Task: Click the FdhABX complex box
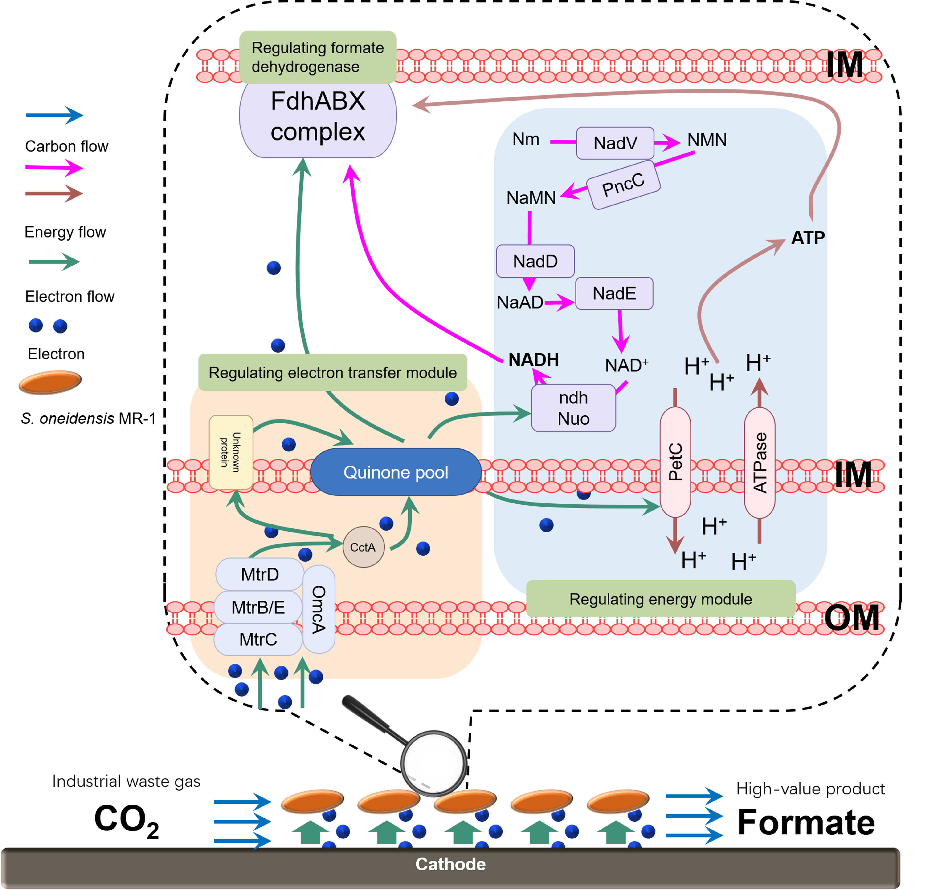318,117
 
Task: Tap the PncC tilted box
623,184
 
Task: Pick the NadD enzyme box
535,261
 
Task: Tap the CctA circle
363,547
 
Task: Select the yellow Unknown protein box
231,452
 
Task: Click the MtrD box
259,574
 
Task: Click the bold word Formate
806,823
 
